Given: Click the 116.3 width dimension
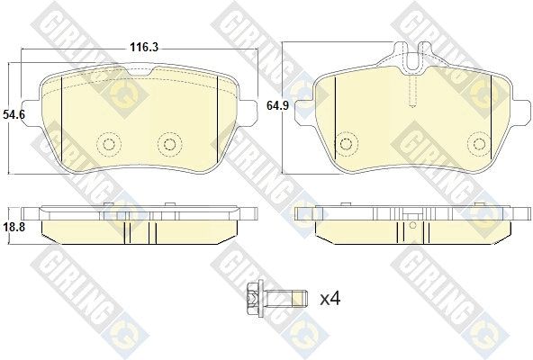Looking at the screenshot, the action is (x=144, y=48).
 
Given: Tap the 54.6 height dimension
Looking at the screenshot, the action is (x=14, y=114).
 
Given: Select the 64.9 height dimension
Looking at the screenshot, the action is (x=277, y=105).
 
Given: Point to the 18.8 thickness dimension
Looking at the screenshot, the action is (x=14, y=227).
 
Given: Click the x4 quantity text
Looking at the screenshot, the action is (x=330, y=299).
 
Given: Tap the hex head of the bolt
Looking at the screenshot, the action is (x=254, y=299).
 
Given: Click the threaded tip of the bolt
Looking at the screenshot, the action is (x=301, y=299).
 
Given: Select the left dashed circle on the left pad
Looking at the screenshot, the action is (x=109, y=145).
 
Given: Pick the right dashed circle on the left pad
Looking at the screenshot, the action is (x=169, y=145).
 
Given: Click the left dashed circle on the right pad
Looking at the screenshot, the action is (x=346, y=144).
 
